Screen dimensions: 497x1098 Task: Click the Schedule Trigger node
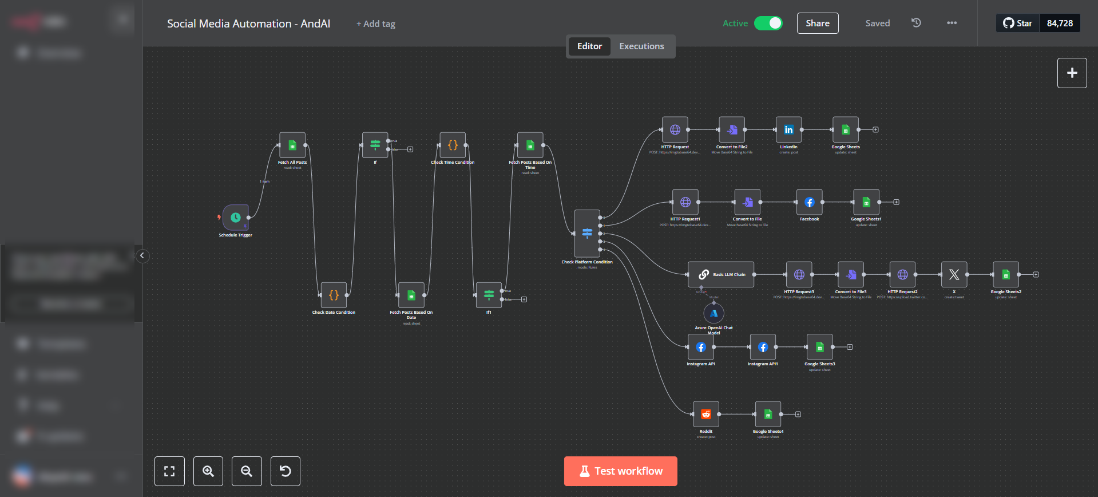tap(235, 218)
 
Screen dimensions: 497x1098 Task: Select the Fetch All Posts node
tap(292, 145)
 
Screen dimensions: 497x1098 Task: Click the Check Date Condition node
tap(334, 295)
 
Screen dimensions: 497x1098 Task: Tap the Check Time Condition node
tap(452, 145)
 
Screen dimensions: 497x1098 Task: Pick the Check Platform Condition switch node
tap(587, 233)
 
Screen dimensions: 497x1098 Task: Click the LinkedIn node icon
tap(788, 130)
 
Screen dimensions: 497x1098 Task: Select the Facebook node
tap(809, 202)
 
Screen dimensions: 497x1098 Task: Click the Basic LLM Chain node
tap(721, 275)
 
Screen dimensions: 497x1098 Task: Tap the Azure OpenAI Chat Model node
tap(713, 313)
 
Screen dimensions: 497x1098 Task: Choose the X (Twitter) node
tap(954, 275)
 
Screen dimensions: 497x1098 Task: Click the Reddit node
tap(706, 414)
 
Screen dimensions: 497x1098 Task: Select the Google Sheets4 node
tap(768, 414)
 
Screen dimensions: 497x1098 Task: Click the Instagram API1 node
tap(763, 347)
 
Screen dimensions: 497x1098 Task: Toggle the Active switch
tap(768, 23)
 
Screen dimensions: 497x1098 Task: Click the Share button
tap(817, 23)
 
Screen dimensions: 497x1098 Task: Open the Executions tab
tap(641, 46)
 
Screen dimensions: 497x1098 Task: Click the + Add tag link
tap(376, 24)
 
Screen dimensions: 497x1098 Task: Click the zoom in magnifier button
tap(208, 471)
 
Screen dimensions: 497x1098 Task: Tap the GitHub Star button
tap(1017, 23)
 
